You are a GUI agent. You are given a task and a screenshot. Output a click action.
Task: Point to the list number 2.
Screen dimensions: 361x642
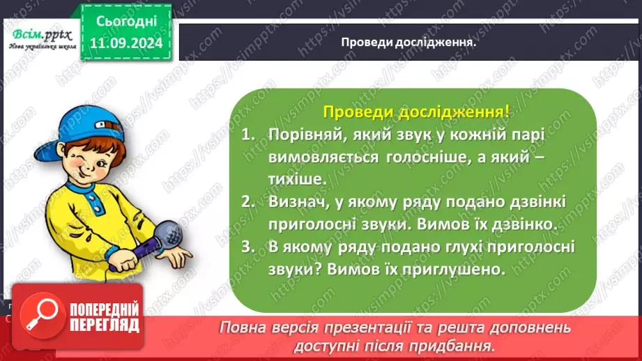pyautogui.click(x=248, y=202)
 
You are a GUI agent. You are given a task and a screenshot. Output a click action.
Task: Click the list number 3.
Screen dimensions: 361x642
pyautogui.click(x=248, y=247)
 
